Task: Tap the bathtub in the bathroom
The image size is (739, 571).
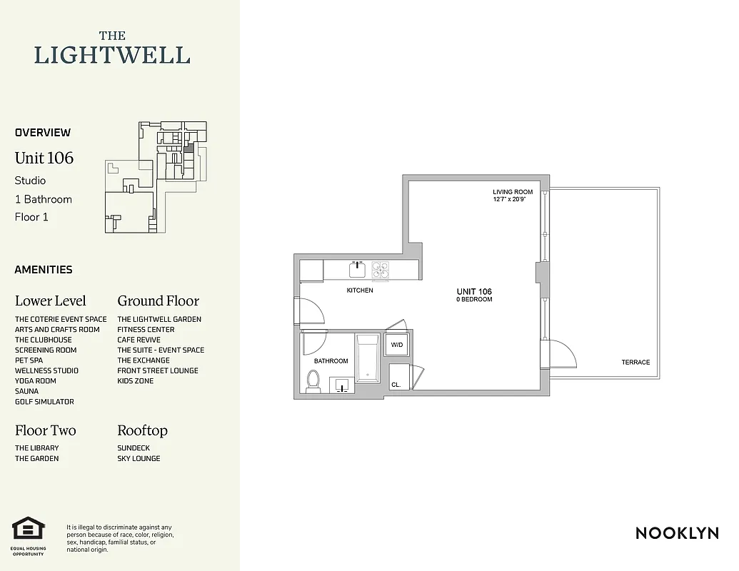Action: point(368,358)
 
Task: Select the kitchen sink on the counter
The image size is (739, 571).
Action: point(357,269)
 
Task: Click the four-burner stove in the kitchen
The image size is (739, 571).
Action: point(381,269)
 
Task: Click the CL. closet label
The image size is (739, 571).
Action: point(396,385)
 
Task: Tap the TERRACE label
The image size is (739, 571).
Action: point(635,362)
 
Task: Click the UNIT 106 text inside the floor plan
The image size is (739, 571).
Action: point(474,291)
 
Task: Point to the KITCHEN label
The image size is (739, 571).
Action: point(360,290)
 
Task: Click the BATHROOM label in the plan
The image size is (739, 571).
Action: point(331,361)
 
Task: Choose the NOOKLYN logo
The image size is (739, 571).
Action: point(676,533)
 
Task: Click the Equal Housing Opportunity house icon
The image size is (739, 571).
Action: point(29,529)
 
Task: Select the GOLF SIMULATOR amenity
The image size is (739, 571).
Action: point(44,402)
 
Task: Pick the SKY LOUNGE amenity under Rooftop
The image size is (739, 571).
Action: point(139,458)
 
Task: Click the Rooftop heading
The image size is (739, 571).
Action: point(142,430)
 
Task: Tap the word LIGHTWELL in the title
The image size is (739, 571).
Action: point(112,55)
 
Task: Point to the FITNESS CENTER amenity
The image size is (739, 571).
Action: point(146,330)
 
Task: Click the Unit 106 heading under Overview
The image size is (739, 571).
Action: point(44,158)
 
